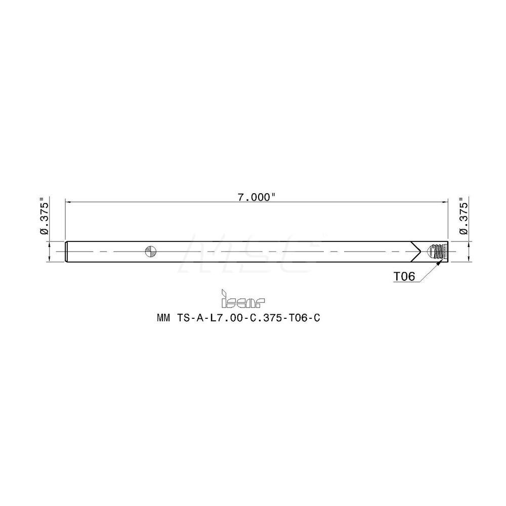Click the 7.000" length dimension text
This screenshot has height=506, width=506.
[257, 198]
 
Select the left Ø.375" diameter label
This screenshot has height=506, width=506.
[44, 218]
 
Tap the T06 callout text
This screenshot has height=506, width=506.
[405, 276]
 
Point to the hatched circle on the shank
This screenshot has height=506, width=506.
[151, 251]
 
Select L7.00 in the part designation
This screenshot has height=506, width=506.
[224, 319]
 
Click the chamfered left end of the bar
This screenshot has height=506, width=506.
[68, 251]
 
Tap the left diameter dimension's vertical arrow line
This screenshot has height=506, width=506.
[50, 251]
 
